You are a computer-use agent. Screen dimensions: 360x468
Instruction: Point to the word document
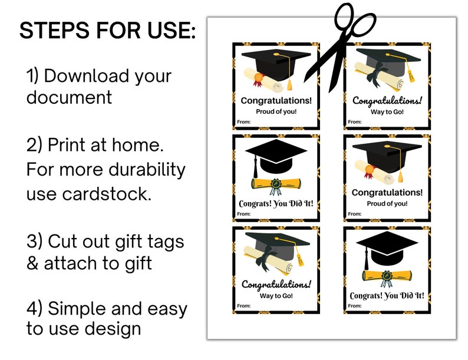(69, 97)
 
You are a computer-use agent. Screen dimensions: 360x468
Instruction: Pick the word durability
(146, 170)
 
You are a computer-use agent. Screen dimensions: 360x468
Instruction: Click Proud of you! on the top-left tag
(276, 111)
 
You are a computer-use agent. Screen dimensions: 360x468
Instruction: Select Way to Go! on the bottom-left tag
(276, 296)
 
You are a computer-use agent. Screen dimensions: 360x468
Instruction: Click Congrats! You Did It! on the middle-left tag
(276, 204)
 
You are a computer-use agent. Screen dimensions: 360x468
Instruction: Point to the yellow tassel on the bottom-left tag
(299, 257)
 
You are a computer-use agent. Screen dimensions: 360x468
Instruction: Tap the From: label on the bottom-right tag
(354, 306)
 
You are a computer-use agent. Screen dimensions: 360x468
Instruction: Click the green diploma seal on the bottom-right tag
(386, 275)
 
